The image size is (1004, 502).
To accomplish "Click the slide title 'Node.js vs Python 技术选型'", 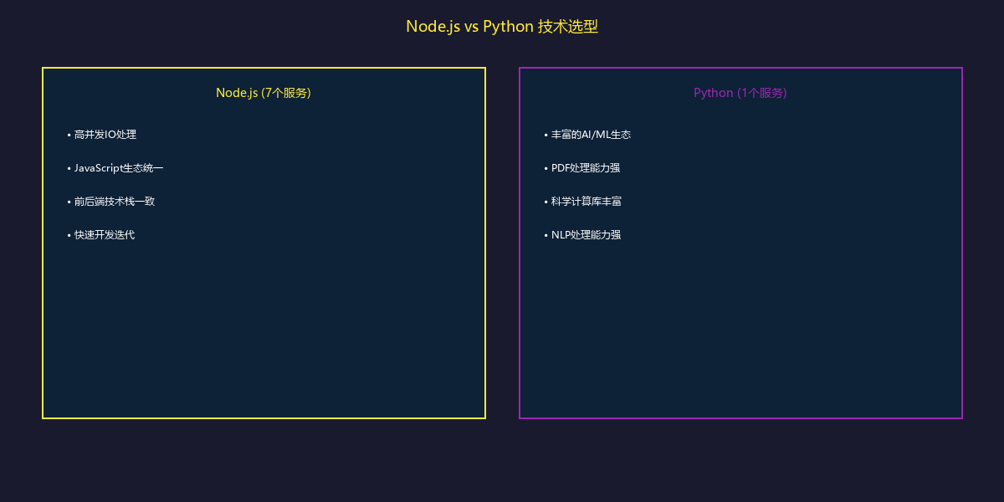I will coord(502,27).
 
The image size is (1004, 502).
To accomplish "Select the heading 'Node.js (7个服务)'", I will coord(264,93).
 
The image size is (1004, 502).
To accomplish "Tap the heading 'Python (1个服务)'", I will coord(740,93).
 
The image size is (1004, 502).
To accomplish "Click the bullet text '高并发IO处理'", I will coord(105,135).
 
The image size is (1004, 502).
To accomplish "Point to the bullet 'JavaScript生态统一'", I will coord(118,168).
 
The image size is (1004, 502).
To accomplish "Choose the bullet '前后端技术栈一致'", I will coord(114,202).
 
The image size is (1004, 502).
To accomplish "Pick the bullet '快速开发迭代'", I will coord(104,235).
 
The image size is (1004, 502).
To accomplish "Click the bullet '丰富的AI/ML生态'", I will coord(591,135).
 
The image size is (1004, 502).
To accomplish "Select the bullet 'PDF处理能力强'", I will coord(586,168).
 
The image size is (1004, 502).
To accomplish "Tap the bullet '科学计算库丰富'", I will coord(586,202).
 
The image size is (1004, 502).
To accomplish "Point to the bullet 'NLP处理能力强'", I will coord(586,235).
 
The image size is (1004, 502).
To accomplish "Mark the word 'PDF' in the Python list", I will coord(560,168).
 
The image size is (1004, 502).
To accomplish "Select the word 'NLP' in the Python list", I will coord(560,235).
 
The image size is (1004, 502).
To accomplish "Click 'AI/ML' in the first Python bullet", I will coord(597,135).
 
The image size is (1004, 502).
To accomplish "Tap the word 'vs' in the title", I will coord(471,27).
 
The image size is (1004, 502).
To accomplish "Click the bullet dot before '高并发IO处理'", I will coord(69,135).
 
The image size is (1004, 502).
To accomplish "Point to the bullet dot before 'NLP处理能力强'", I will coord(546,235).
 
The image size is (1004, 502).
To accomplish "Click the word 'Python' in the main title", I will coord(508,27).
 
